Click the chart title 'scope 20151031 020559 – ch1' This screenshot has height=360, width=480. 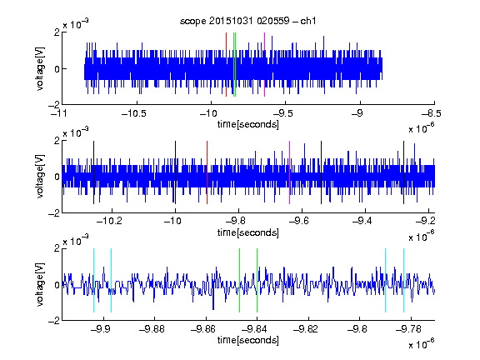point(247,21)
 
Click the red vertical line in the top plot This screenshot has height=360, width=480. point(226,64)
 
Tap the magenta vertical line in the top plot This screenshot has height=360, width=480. point(264,64)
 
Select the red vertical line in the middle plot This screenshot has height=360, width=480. point(207,172)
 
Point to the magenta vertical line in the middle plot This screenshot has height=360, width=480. point(289,172)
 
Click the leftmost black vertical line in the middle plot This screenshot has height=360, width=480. point(93,172)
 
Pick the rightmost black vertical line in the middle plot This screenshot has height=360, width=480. point(403,172)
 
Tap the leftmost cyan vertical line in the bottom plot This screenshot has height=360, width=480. point(93,280)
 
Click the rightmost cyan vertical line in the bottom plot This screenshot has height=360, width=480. point(403,280)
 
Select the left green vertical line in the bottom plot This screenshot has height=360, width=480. point(239,280)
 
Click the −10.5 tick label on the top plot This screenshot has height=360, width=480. point(134,113)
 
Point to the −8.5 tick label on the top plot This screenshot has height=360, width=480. point(432,113)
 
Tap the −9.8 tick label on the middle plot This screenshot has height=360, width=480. point(238,221)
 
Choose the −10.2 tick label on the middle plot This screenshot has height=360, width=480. point(109,221)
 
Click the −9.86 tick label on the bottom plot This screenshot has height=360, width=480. point(203,329)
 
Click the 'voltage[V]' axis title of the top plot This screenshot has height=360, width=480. point(40,68)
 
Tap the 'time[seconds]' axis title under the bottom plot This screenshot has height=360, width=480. point(248,340)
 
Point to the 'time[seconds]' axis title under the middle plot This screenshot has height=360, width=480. point(248,232)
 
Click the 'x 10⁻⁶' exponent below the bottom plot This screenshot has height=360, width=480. point(422,343)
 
